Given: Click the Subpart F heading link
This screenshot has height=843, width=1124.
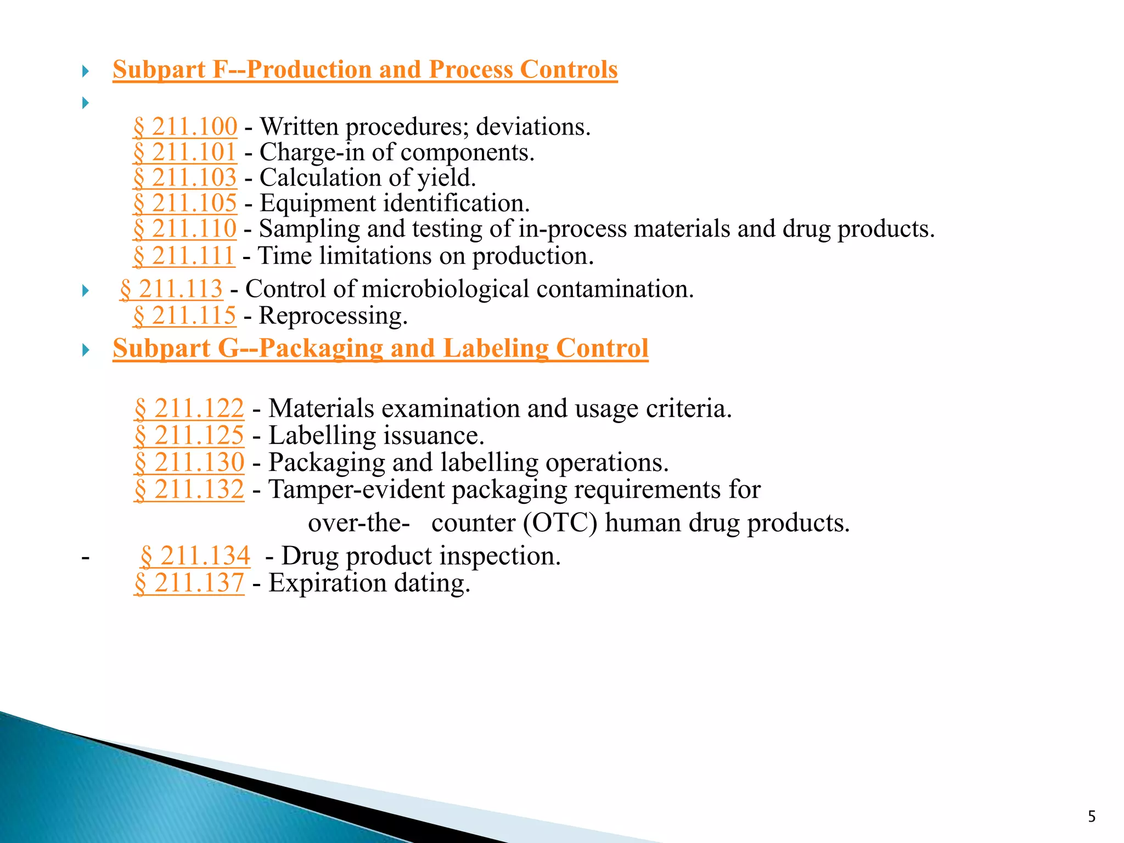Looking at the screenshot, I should coord(365,70).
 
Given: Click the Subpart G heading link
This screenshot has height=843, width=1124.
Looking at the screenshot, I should coord(380,349).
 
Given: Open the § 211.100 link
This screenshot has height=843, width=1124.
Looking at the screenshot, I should coord(186,127).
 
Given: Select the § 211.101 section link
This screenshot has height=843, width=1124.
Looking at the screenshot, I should coord(185,152).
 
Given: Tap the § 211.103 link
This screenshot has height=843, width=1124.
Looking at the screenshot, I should coord(185,178).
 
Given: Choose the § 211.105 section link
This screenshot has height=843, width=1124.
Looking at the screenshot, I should coord(185,203).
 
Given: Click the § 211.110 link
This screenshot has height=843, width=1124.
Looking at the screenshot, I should coord(185,229).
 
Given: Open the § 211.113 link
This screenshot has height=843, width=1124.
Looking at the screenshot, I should coord(171,289).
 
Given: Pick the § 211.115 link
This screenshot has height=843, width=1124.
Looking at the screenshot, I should coord(185,316).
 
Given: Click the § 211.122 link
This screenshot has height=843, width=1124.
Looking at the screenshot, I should coord(189,408).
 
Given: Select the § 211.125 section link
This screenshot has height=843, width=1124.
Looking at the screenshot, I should coord(189,435).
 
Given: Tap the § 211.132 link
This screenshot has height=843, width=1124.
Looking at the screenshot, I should coord(189,489).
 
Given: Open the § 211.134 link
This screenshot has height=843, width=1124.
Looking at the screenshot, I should coord(195,556).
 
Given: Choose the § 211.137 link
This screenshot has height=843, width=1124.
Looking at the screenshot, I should coord(189,583).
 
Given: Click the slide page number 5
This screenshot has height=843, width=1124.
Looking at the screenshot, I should coord(1092,817).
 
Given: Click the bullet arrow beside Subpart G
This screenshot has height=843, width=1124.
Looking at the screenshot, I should coord(85,350).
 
